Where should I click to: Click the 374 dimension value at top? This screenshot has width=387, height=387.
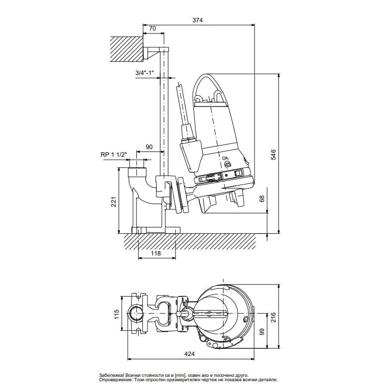[x=198, y=20]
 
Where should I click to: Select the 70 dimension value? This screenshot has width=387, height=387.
[x=152, y=29]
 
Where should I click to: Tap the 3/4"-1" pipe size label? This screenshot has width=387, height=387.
[x=145, y=73]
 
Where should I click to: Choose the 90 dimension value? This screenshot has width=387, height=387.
[x=149, y=147]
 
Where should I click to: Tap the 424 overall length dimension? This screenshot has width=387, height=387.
[x=191, y=354]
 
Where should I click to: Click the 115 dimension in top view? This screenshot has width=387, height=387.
[x=116, y=315]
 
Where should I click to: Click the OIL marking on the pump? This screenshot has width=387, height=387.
[x=226, y=158]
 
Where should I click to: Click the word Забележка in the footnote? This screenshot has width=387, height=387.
[x=113, y=375]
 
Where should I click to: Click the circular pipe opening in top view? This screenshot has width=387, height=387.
[x=135, y=314]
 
